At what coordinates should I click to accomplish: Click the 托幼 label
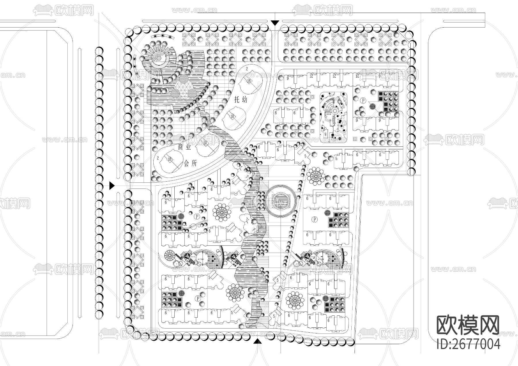(x=241, y=100)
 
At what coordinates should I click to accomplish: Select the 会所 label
(x=190, y=163)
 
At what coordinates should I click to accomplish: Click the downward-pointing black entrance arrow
(x=275, y=23)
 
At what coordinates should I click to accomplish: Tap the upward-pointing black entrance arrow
(x=258, y=341)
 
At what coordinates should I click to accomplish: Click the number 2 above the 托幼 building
(x=247, y=68)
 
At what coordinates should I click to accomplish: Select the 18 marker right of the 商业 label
(x=205, y=143)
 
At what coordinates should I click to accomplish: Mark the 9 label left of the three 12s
(x=288, y=77)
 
